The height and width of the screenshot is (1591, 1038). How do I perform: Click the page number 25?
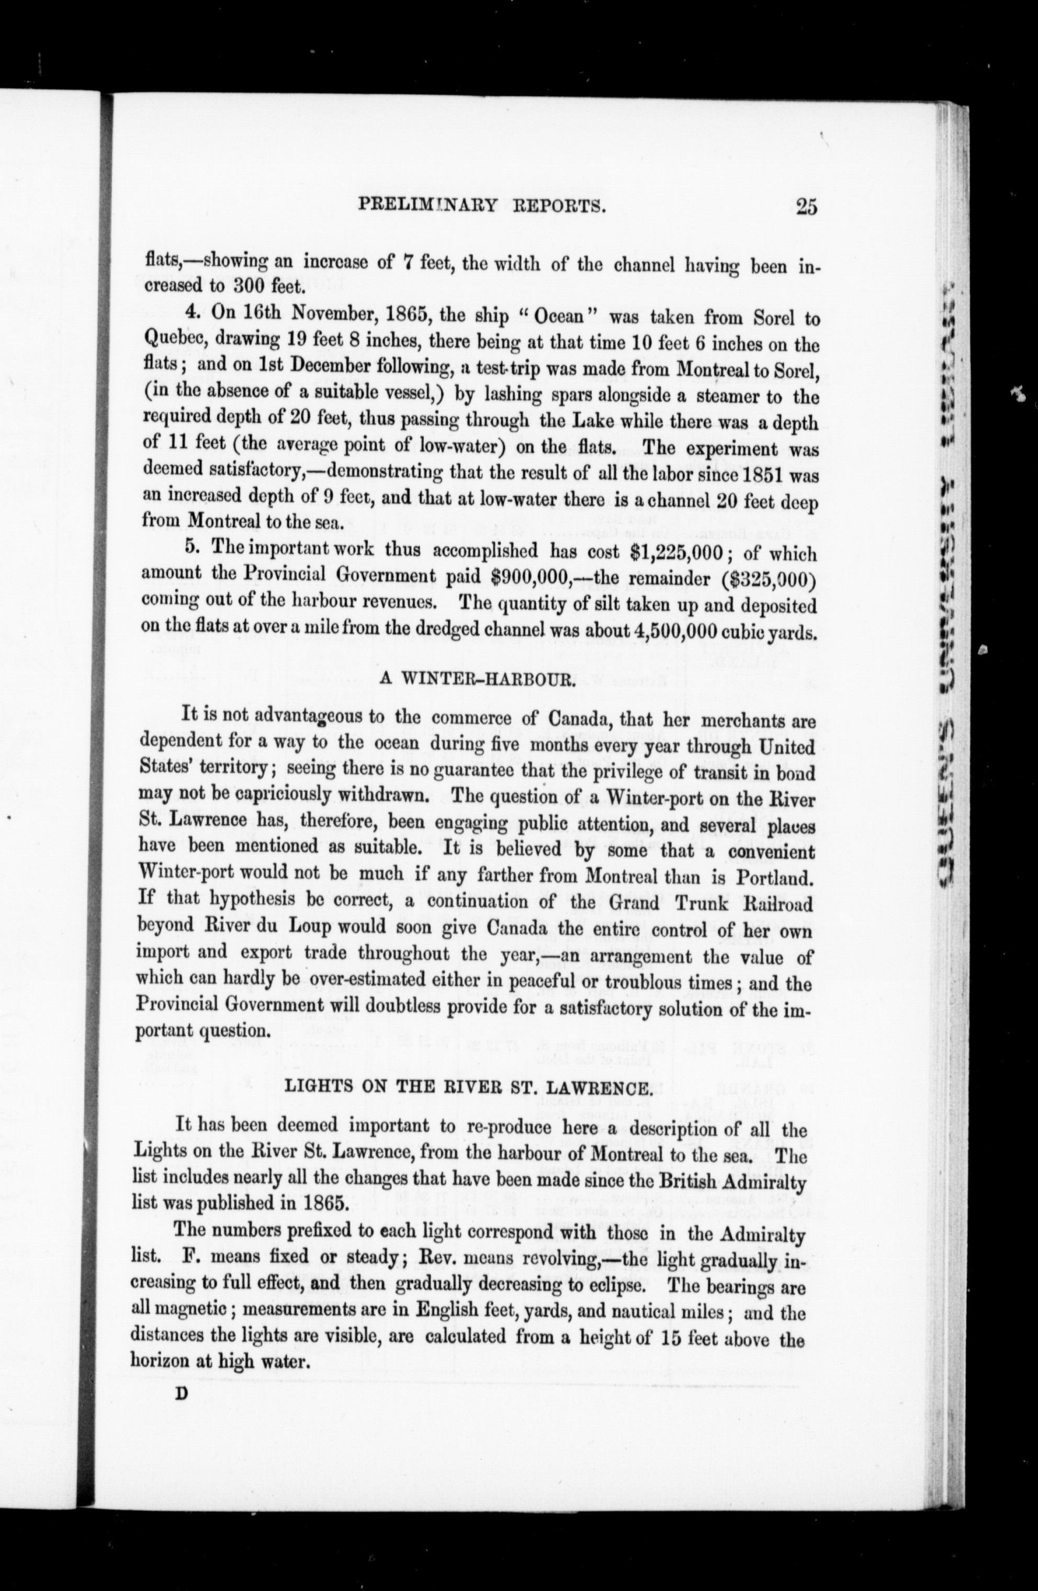tap(806, 207)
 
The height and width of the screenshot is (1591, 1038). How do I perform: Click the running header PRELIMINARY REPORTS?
tap(482, 205)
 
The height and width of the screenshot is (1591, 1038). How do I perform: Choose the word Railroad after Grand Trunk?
tap(780, 903)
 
